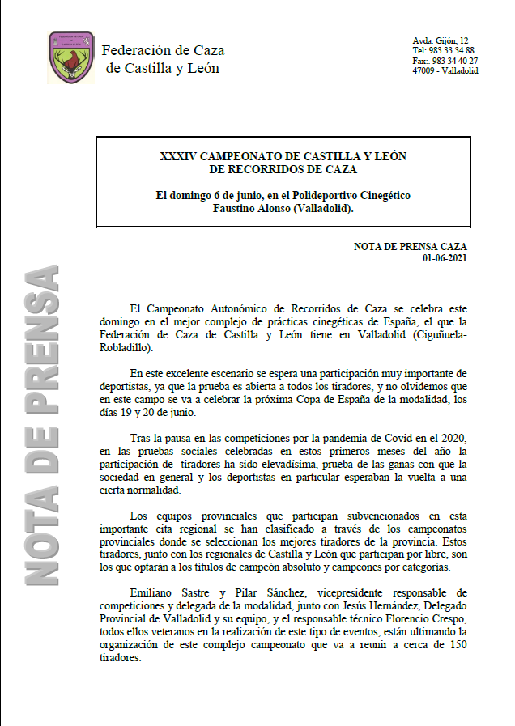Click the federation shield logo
click(x=71, y=57)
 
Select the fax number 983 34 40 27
click(x=456, y=61)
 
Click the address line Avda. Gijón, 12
click(x=441, y=40)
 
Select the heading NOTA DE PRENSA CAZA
click(x=411, y=246)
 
